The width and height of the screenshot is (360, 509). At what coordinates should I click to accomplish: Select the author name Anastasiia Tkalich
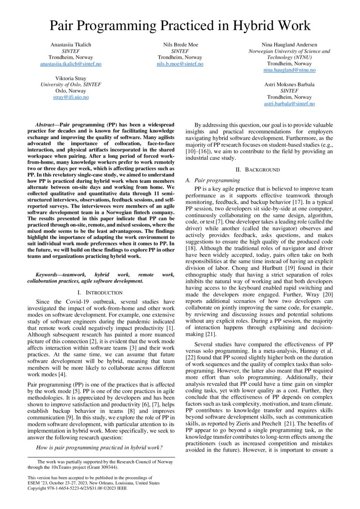(71, 44)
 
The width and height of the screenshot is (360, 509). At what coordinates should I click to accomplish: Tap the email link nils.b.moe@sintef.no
(180, 64)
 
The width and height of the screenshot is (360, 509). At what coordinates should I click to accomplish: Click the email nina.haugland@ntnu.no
(289, 70)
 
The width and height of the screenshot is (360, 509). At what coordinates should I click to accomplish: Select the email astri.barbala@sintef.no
(289, 104)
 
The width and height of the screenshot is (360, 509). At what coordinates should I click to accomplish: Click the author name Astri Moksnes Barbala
(289, 84)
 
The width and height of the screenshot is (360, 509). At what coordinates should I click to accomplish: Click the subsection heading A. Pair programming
(213, 180)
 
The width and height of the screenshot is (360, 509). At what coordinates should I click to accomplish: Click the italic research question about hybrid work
(99, 447)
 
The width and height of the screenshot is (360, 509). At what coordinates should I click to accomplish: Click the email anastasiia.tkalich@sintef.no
(71, 64)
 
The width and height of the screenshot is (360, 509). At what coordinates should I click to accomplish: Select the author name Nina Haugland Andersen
(289, 44)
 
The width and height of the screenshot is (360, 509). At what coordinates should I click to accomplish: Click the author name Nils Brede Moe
(180, 44)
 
